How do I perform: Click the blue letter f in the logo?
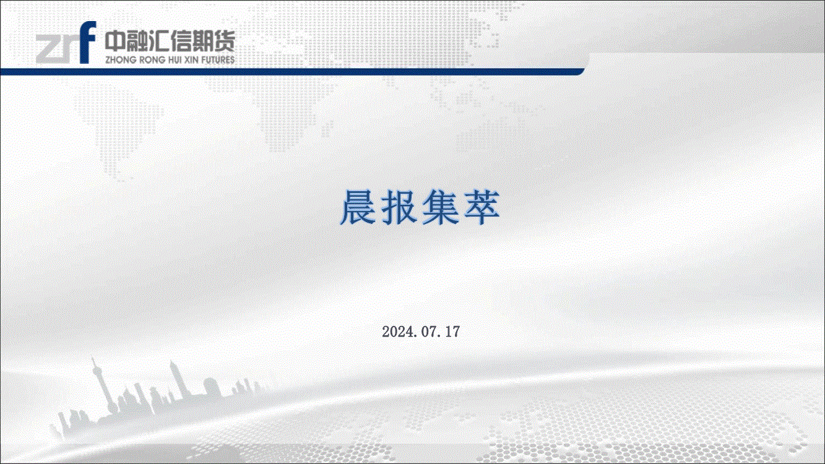point(87,42)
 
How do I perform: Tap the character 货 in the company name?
point(224,40)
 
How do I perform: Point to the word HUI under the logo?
point(175,59)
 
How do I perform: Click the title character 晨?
point(358,207)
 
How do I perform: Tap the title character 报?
point(399,207)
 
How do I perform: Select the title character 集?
point(440,207)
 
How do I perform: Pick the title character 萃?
point(482,207)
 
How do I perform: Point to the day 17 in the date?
point(452,332)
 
